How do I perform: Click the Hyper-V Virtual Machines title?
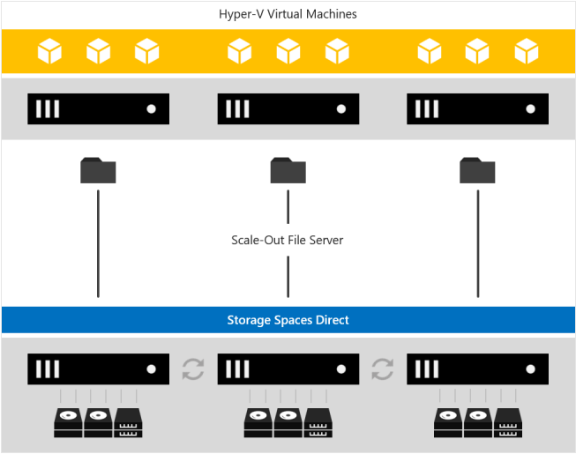coord(288,14)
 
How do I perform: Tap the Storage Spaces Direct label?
coord(288,319)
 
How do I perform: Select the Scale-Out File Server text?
coord(288,240)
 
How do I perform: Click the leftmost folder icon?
coord(98,170)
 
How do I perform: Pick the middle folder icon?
coord(288,170)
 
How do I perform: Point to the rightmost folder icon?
coord(477,170)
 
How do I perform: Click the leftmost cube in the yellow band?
coord(50,51)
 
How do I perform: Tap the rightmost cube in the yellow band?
coord(526,51)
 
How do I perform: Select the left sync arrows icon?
coord(193,368)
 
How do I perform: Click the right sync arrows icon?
coord(383,368)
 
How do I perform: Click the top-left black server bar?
coord(98,108)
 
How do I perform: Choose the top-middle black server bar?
coord(288,108)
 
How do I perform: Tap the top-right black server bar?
coord(477,108)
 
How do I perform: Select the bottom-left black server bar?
coord(98,368)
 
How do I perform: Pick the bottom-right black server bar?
coord(477,368)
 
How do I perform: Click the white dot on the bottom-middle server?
coord(340,368)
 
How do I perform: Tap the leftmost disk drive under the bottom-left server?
coord(68,422)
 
